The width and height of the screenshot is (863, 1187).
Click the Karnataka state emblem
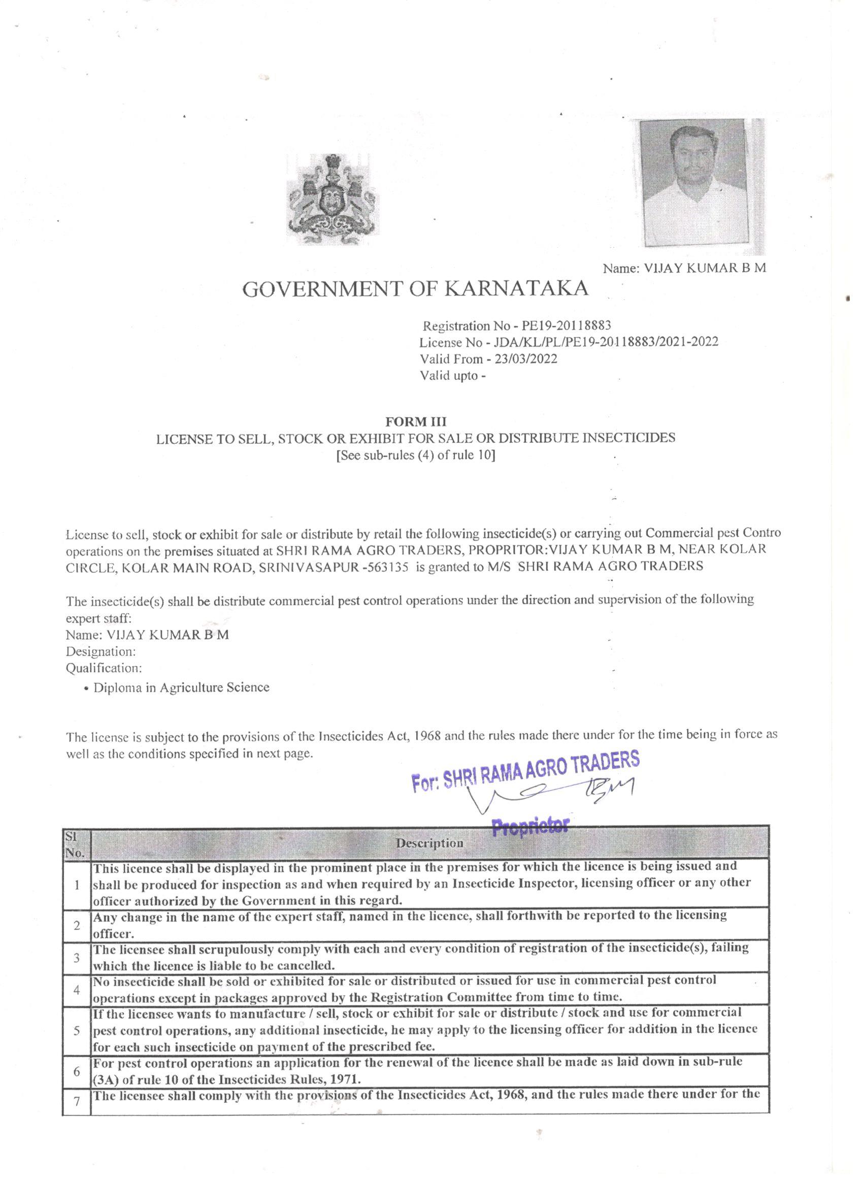[x=333, y=200]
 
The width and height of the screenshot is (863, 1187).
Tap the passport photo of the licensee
[x=694, y=183]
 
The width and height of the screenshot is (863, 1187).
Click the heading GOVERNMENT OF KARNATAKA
[x=415, y=289]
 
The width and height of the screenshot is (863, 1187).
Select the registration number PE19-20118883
[x=566, y=326]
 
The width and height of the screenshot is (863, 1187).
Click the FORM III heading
[x=416, y=421]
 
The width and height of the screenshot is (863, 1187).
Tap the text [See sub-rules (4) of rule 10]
[x=416, y=455]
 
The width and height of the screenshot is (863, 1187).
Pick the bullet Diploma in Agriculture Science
[x=181, y=687]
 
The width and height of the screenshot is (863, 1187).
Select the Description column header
[x=429, y=843]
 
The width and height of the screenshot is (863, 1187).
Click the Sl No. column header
[x=76, y=843]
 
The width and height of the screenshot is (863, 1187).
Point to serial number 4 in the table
[x=77, y=989]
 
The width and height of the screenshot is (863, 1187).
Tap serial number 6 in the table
[x=77, y=1071]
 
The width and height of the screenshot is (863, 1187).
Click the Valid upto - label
[x=453, y=376]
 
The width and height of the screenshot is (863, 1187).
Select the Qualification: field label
[x=104, y=668]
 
